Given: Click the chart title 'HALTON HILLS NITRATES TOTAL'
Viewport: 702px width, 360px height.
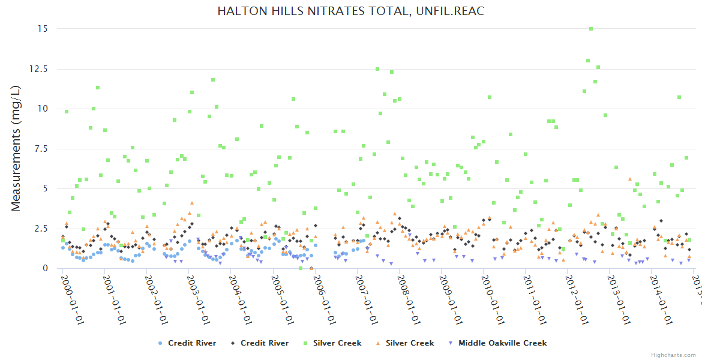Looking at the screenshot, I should pyautogui.click(x=350, y=11).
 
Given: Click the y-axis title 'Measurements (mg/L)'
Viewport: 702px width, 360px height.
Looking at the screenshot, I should pyautogui.click(x=16, y=148).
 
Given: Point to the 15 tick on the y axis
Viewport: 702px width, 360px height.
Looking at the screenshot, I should pyautogui.click(x=43, y=29).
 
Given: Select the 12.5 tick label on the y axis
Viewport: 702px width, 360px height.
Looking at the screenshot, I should pyautogui.click(x=38, y=69).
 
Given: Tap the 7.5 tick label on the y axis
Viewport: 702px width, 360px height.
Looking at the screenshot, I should pyautogui.click(x=41, y=149).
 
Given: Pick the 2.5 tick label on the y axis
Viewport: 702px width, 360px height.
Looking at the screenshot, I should pyautogui.click(x=41, y=229).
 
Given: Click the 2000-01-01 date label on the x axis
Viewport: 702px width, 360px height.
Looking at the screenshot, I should pyautogui.click(x=71, y=300).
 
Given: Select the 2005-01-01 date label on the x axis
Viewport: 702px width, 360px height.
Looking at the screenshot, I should pyautogui.click(x=281, y=300).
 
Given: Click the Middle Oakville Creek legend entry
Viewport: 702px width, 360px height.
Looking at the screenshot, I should pyautogui.click(x=502, y=343).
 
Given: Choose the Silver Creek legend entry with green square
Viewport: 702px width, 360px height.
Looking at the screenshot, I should pyautogui.click(x=337, y=343).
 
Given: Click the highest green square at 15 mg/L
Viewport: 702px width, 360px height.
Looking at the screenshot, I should pyautogui.click(x=591, y=29).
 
